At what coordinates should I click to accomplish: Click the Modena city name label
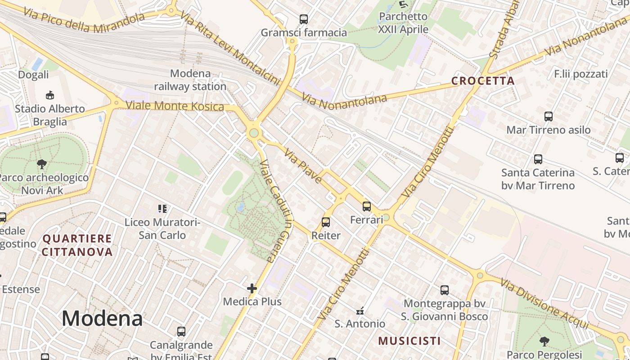coord(102,319)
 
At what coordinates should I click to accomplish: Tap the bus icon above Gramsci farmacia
coord(304,19)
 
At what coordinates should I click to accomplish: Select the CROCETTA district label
coord(483,81)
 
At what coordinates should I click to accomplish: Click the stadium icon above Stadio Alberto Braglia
coord(50,95)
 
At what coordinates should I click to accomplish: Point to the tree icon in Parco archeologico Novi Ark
coord(42,164)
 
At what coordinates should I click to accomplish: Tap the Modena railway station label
coord(190,80)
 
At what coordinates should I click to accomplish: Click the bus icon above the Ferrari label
coord(367,207)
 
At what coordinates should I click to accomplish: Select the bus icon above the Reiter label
coord(326,222)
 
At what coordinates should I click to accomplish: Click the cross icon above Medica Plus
coord(252,288)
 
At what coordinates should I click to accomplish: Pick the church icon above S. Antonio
coord(360,310)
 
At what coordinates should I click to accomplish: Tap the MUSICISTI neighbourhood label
coord(409,341)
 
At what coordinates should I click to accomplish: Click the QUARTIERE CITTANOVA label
coord(77,245)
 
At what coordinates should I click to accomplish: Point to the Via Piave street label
coord(303,166)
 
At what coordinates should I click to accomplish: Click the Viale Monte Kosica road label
coord(175,106)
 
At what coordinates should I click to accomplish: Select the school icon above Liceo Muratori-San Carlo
coord(162,209)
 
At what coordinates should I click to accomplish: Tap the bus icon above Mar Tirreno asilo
coord(549,117)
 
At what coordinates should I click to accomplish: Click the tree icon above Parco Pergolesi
coord(544,341)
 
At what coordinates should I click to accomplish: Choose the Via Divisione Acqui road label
coord(544,304)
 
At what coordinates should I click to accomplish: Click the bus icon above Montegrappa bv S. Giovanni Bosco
coord(445,290)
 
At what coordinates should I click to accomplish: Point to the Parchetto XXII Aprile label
coord(403,23)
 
